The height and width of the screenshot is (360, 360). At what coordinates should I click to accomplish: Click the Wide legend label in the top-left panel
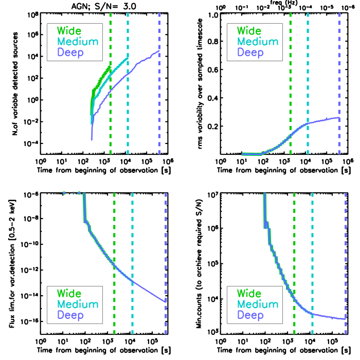(x=69, y=31)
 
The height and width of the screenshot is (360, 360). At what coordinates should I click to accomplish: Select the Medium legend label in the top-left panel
(x=77, y=42)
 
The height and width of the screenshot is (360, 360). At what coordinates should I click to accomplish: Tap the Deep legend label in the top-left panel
(x=70, y=52)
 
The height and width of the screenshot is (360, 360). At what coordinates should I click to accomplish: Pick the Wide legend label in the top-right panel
(x=249, y=31)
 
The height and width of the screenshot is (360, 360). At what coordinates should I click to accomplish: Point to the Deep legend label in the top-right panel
(x=250, y=52)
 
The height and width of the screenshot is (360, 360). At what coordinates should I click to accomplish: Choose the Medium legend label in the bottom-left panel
(x=77, y=304)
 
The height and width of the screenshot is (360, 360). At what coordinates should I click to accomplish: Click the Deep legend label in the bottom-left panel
(x=70, y=315)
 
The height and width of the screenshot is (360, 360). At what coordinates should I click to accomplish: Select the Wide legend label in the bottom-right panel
(x=249, y=294)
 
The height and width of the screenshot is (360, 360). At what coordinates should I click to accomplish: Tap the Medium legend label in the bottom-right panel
(x=257, y=304)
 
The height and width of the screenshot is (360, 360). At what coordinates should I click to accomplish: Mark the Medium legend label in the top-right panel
(x=257, y=42)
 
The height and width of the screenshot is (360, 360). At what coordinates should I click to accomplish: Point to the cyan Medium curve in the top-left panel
(x=118, y=66)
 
